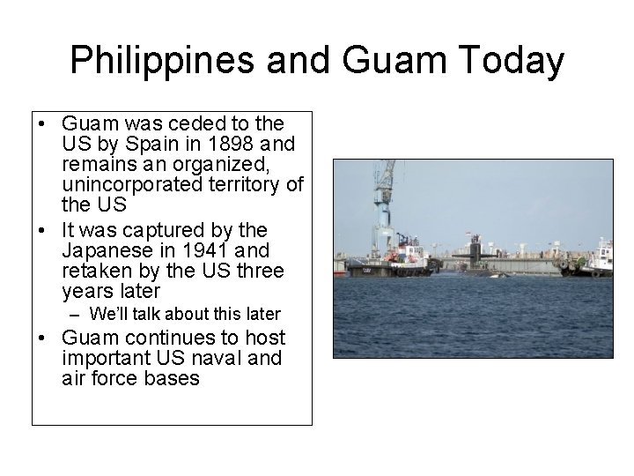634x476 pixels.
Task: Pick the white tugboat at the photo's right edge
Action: tap(601, 259)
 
